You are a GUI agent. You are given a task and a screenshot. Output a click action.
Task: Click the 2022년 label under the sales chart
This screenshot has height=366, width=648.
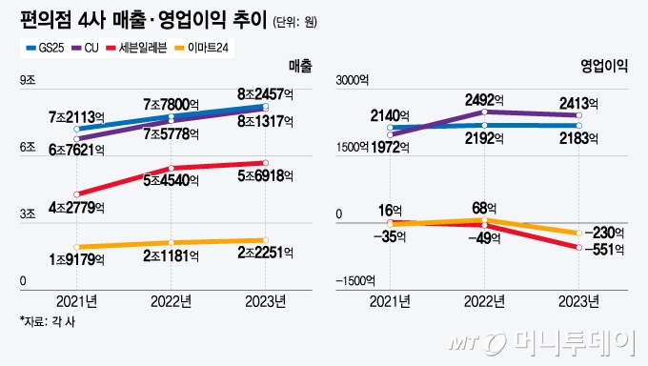click(172, 300)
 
